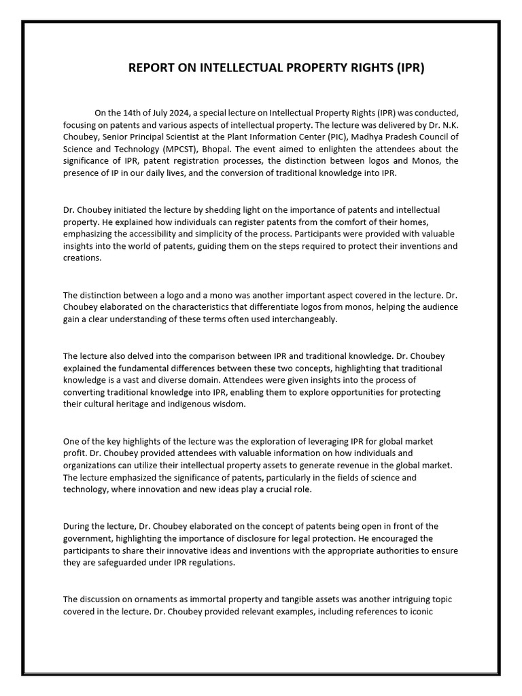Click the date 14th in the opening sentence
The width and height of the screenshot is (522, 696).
(130, 113)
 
